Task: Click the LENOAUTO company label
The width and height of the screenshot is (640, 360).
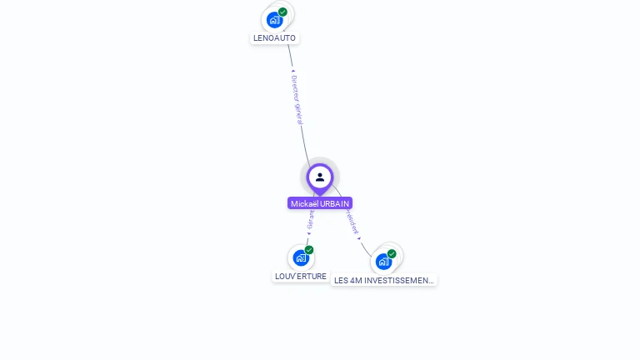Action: coord(274,37)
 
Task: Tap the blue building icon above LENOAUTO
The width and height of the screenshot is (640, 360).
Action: coord(274,20)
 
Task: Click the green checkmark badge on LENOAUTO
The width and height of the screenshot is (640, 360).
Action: coord(283,12)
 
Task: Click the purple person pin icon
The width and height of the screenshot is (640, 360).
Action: coord(320,177)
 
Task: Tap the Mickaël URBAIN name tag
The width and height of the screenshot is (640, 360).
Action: coord(320,203)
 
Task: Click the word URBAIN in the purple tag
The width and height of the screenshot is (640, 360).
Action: coord(335,203)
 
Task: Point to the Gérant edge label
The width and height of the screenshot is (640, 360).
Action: coord(311,221)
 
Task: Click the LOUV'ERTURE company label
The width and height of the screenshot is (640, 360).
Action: coord(301,276)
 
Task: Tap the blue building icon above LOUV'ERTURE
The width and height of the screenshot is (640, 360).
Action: coord(301,258)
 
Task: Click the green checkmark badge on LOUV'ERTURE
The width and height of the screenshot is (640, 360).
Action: coord(309,250)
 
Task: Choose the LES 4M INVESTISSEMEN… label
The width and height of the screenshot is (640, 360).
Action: coord(383,281)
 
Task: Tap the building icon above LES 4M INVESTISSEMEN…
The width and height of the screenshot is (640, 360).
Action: coord(383,262)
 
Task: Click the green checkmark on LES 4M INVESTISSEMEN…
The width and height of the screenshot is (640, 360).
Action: coord(392,253)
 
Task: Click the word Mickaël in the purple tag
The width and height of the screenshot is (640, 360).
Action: coord(305,203)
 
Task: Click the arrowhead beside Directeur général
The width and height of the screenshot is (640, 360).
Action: coord(292,72)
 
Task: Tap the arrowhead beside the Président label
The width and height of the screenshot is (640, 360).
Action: coord(359,238)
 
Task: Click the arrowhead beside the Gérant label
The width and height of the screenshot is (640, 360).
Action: coord(309,233)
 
